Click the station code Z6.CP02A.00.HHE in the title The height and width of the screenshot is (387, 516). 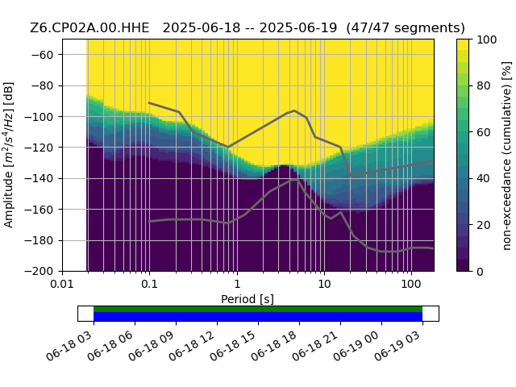pos(89,28)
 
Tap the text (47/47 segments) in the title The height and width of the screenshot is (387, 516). pos(406,28)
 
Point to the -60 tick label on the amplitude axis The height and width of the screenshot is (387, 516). pos(42,55)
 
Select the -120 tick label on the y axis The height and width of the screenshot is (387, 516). pos(39,148)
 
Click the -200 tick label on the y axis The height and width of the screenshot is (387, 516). pos(39,272)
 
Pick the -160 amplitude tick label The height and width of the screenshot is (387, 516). pos(39,210)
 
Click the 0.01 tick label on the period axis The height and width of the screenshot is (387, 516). pos(62,284)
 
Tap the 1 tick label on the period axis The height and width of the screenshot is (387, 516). pos(237,284)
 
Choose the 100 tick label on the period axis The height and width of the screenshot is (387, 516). pos(411,284)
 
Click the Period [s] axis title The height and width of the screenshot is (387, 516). pos(248,299)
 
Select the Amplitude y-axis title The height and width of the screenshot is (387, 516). pos(9,155)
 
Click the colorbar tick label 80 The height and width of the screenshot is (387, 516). pos(484,86)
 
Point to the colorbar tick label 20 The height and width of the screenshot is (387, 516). pos(484,226)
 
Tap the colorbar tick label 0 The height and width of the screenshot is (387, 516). pos(481,272)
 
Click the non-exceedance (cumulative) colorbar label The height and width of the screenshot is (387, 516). pos(507,156)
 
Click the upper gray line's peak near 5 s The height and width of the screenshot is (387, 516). pos(294,110)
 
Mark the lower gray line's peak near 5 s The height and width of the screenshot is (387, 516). pos(295,180)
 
